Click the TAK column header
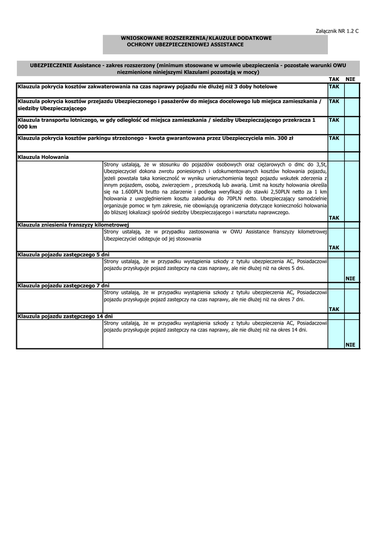(334, 78)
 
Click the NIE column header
(351, 78)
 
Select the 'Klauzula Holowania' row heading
(43, 157)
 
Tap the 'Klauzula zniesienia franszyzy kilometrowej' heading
(69, 225)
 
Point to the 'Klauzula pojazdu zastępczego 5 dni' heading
(63, 255)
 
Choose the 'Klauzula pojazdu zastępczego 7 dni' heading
(63, 285)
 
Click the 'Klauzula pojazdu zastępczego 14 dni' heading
(65, 316)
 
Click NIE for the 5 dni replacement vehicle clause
(351, 278)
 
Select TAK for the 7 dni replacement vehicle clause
(334, 309)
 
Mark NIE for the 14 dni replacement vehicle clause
(351, 344)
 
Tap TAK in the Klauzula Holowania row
(334, 218)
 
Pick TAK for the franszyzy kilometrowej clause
(334, 247)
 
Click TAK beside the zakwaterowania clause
(334, 86)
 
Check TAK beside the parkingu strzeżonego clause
(334, 139)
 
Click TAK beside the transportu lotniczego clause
(334, 120)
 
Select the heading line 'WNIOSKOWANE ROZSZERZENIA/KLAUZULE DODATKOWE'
(196, 38)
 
